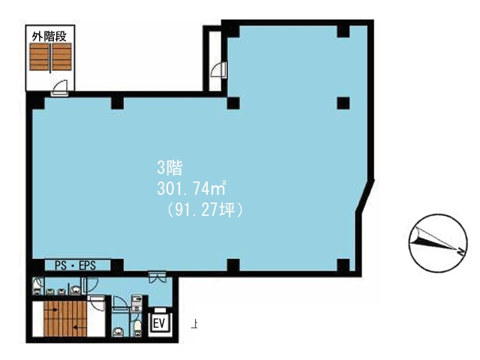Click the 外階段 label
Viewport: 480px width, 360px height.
coord(49,37)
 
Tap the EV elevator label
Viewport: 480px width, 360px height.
coord(159,323)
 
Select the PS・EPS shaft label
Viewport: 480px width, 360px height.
coord(75,265)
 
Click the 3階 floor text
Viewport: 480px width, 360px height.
coord(169,168)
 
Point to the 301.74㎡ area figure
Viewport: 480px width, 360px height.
coord(192,188)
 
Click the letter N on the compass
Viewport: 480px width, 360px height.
coord(460,252)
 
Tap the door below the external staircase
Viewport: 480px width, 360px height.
coord(60,88)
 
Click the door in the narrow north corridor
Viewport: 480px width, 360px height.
coord(218,70)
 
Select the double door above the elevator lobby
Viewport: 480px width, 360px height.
coord(157,277)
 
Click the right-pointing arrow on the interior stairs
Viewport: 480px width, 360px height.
coord(52,310)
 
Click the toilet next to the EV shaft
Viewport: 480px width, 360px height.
coord(138,328)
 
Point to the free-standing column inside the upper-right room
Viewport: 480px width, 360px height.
coord(343,103)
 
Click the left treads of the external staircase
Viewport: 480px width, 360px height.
coord(39,57)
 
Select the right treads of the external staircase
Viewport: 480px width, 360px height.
coord(61,57)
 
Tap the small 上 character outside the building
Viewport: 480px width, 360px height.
coord(193,324)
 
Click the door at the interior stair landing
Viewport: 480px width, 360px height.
coord(97,303)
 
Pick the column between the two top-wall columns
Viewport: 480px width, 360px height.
coord(117,103)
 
